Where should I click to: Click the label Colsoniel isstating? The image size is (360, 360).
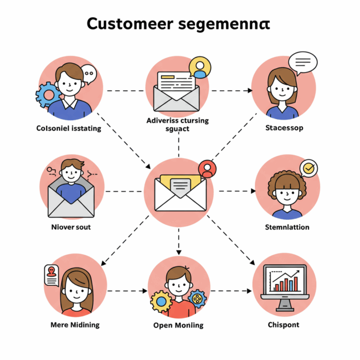pos(69,128)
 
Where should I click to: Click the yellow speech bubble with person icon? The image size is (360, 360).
pos(199,68)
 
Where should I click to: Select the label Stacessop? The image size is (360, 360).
pos(285,128)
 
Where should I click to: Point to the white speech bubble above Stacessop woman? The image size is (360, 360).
pos(302,61)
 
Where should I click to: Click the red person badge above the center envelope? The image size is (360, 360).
pos(207,168)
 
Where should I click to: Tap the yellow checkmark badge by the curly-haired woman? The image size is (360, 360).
pos(308,167)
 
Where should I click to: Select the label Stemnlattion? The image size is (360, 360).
pos(287,227)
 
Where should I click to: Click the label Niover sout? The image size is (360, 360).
pos(70,227)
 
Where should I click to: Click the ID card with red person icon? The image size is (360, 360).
pos(52,274)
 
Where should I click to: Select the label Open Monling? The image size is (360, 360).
pos(178,325)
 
